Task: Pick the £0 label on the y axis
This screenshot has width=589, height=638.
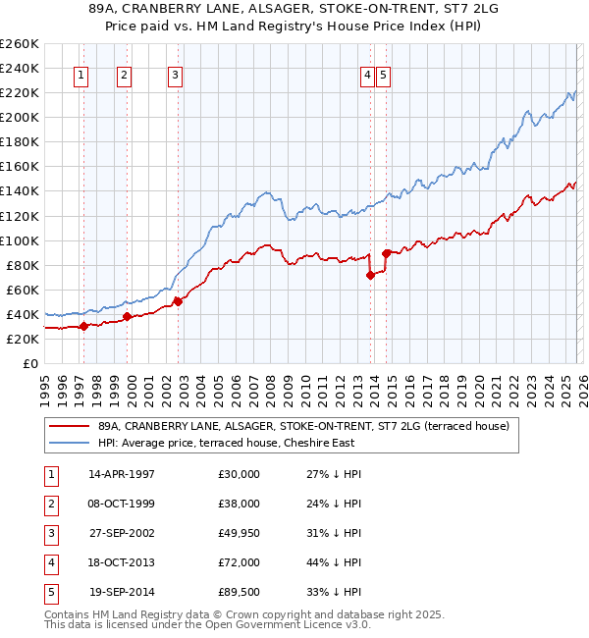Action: coord(29,363)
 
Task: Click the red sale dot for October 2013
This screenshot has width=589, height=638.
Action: coord(370,275)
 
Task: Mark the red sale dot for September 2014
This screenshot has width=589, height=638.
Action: coord(386,253)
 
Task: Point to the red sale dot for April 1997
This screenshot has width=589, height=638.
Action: coord(84,326)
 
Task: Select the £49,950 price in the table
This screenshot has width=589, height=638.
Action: coord(240,533)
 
